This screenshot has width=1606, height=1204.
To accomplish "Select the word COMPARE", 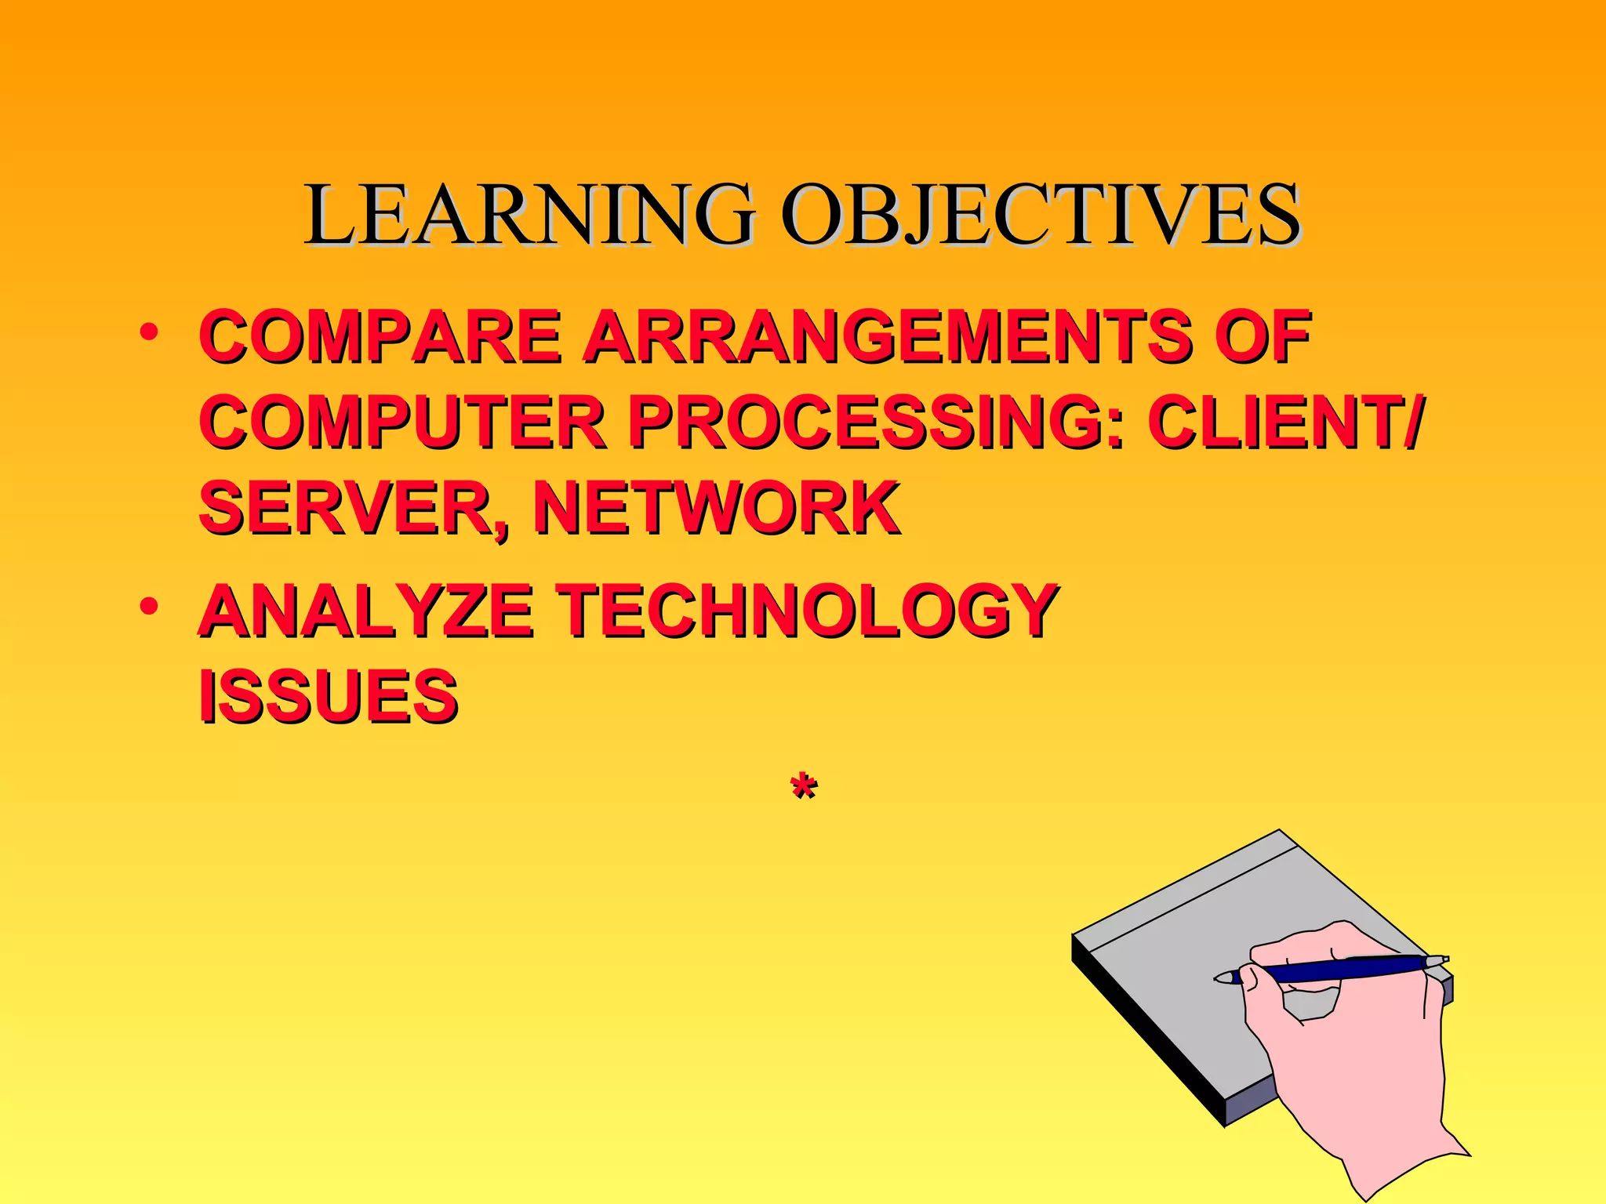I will [381, 336].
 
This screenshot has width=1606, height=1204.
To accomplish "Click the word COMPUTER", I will [403, 422].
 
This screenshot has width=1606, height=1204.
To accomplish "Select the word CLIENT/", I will [1283, 422].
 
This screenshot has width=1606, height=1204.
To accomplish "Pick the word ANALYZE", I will [365, 611].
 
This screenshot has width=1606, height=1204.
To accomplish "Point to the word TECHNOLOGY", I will [808, 611].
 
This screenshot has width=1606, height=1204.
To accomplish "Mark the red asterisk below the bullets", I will [803, 785].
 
